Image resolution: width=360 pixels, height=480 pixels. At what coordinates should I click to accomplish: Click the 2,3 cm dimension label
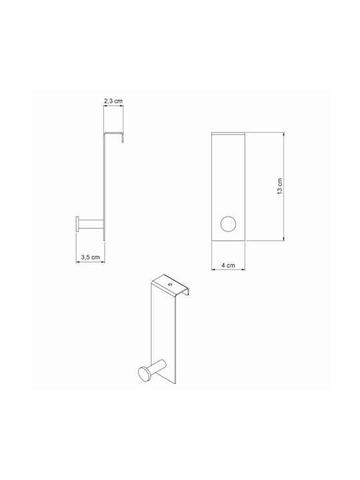coord(113,101)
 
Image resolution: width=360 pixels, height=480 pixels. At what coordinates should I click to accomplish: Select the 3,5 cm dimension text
coord(90,257)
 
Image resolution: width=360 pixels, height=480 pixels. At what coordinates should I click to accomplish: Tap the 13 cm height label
coord(280,187)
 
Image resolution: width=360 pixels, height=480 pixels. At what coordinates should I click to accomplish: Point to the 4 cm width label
coord(229,265)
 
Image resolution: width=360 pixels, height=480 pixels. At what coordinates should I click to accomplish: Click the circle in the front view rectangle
coord(228,224)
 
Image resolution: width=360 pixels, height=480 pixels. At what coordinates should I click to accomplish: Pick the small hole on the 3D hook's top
coord(170,284)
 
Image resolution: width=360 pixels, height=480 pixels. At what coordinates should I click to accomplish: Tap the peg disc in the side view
coord(77,224)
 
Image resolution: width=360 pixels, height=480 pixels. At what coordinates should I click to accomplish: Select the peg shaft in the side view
coord(91,224)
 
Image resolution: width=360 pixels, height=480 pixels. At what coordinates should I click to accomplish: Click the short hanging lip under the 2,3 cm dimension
coord(123,138)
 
